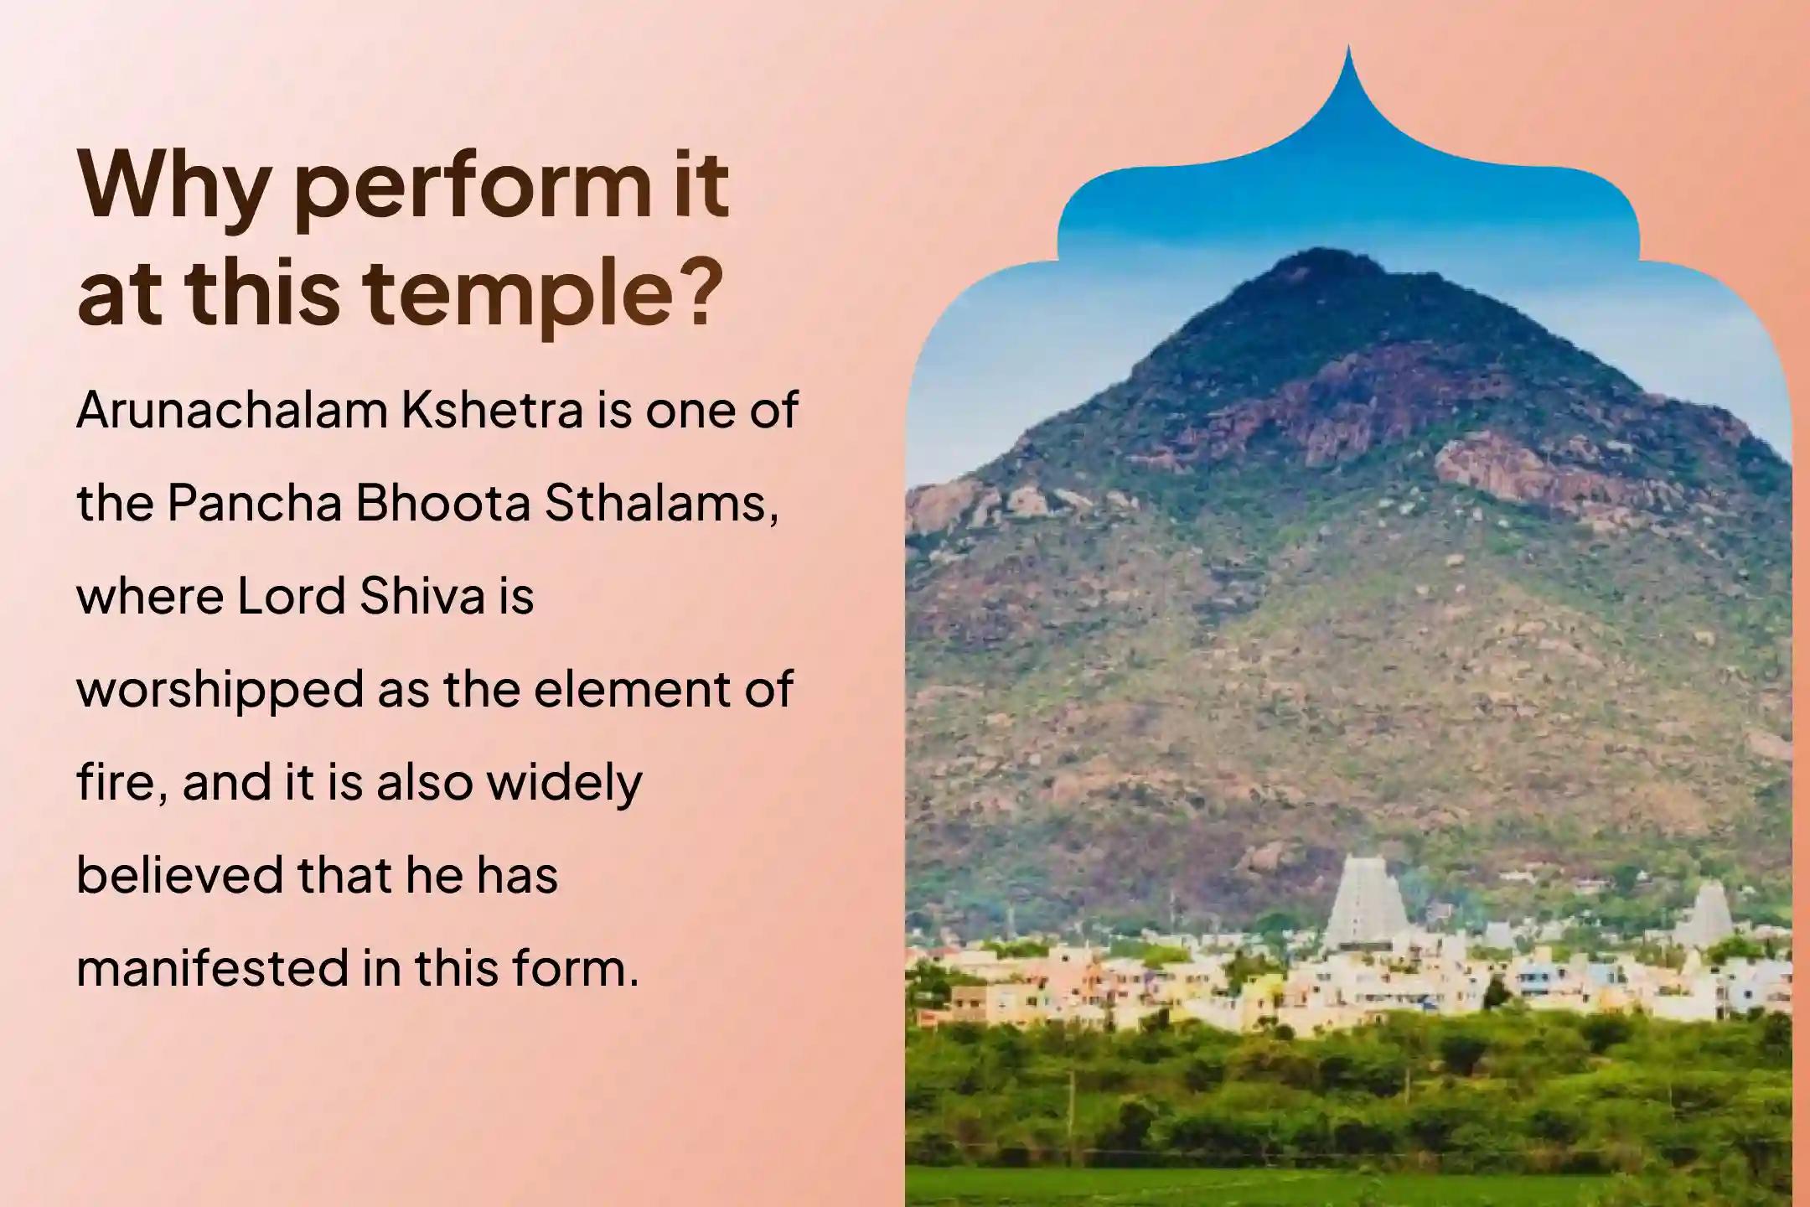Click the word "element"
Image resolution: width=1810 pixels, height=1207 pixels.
618,690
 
